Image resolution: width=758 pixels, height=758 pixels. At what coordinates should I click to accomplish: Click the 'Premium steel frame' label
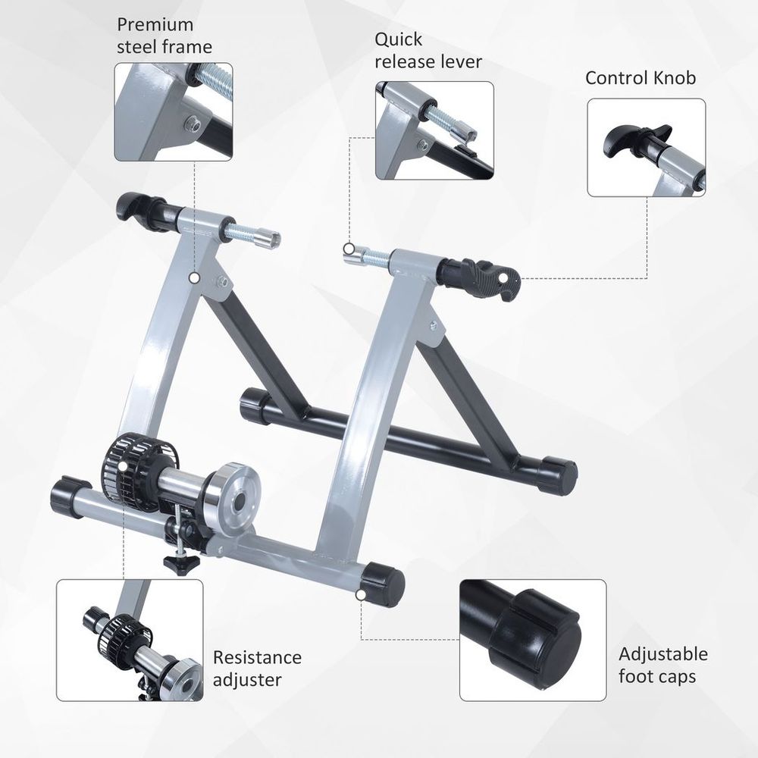click(x=164, y=36)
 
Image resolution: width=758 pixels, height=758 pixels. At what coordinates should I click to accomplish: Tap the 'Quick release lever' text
click(x=428, y=50)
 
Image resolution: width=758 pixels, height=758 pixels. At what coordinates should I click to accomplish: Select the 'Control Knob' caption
click(x=640, y=78)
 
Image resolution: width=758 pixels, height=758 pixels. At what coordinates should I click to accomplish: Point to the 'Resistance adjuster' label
click(x=256, y=668)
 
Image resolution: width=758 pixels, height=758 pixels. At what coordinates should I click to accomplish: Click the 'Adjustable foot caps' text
click(x=662, y=664)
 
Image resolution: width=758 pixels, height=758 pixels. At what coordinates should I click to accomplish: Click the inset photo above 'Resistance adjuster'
click(x=130, y=641)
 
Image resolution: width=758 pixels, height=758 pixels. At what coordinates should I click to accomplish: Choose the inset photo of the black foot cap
click(x=533, y=641)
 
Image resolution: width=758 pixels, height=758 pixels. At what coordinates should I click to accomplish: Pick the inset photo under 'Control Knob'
click(x=647, y=147)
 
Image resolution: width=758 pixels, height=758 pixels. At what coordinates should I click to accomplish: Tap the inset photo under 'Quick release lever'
click(x=434, y=130)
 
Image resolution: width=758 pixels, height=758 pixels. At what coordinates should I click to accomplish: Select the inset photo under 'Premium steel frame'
click(x=174, y=112)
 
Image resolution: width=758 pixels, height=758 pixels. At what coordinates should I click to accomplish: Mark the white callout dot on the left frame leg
click(x=194, y=278)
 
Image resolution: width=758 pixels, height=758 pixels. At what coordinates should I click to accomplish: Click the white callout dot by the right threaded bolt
click(x=348, y=249)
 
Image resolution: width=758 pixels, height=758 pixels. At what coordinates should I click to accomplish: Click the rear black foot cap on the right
click(x=558, y=476)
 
